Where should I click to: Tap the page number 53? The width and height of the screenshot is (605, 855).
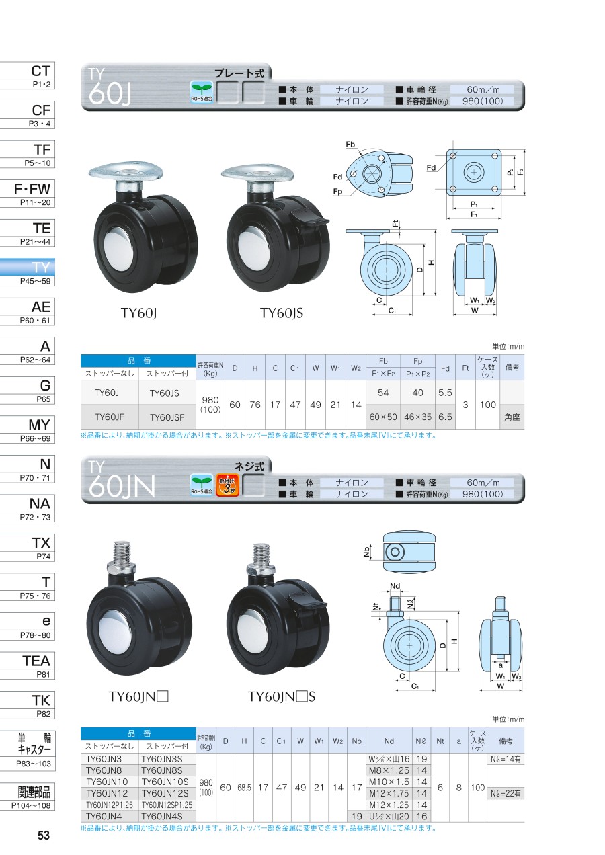pyautogui.click(x=44, y=835)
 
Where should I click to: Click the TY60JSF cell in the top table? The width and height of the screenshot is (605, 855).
pyautogui.click(x=167, y=417)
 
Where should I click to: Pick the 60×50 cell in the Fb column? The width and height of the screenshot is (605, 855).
pyautogui.click(x=383, y=417)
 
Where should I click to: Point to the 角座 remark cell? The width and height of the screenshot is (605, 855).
pyautogui.click(x=512, y=417)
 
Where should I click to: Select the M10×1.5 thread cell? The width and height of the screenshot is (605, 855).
pyautogui.click(x=389, y=782)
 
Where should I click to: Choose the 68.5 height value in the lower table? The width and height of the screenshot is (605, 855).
pyautogui.click(x=244, y=787)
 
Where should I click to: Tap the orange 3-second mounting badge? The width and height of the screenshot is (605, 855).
pyautogui.click(x=227, y=485)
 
